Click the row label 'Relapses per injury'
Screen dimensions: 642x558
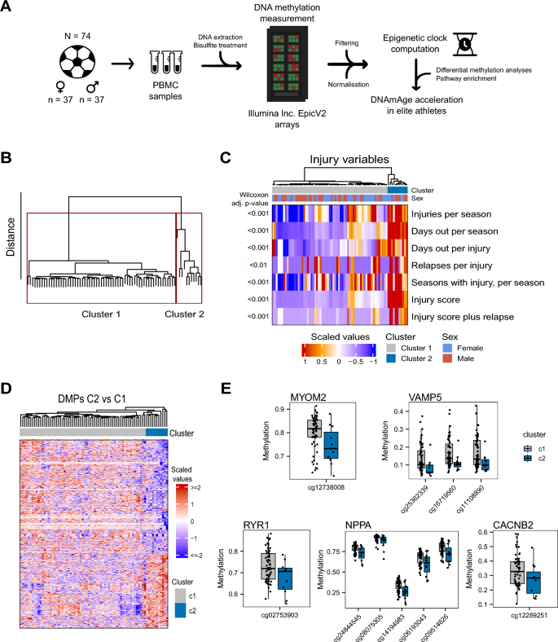click(x=456, y=265)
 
